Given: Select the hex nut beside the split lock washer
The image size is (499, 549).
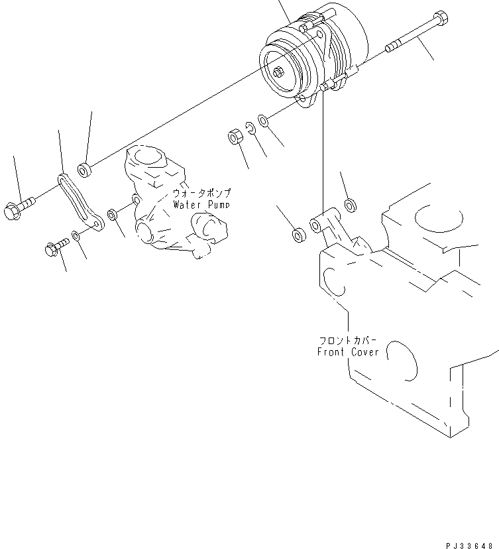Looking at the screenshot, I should click(x=235, y=138).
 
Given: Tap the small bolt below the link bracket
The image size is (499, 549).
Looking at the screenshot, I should click(x=54, y=248).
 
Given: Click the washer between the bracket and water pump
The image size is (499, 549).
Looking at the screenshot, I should click(x=112, y=215).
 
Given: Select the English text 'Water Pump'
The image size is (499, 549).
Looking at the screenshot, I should click(x=201, y=205).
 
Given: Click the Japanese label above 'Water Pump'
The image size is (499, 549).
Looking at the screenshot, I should click(x=201, y=193).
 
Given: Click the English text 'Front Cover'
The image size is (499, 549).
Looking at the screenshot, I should click(x=348, y=352).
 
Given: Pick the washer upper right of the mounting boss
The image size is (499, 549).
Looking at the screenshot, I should click(x=351, y=205).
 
